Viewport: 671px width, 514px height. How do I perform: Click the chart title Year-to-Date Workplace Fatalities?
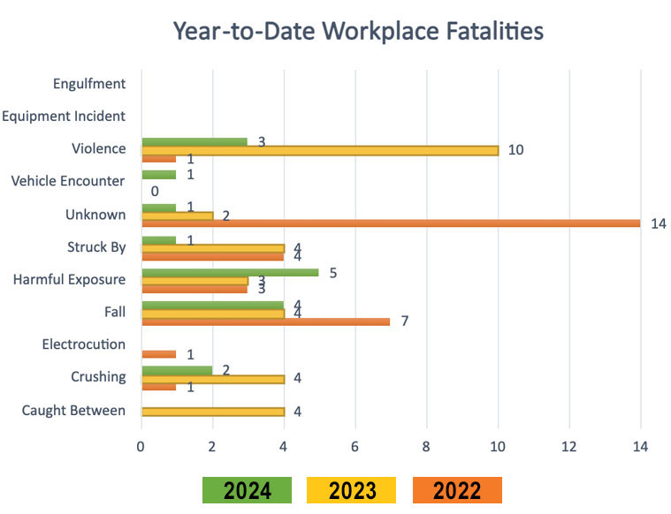[x=358, y=32]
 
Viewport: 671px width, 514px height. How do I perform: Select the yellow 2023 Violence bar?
[x=319, y=150]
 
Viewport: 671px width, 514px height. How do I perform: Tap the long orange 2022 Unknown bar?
[x=390, y=223]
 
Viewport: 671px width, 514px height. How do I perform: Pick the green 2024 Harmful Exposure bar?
[x=230, y=272]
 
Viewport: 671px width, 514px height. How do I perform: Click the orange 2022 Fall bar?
[x=265, y=321]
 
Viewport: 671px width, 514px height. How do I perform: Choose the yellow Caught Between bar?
[x=212, y=412]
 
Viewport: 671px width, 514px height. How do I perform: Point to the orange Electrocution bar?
[x=158, y=354]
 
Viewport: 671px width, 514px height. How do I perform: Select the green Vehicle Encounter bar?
[x=158, y=174]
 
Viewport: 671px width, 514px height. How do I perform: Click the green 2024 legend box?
[x=247, y=490]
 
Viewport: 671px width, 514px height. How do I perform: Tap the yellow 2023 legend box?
[x=351, y=490]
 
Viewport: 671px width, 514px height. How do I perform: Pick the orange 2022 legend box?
[x=456, y=490]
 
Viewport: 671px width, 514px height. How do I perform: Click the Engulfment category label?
[x=89, y=84]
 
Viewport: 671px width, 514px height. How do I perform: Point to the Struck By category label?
[x=96, y=246]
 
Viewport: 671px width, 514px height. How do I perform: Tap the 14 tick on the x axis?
[x=640, y=446]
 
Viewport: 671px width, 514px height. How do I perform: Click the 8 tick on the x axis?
[x=426, y=446]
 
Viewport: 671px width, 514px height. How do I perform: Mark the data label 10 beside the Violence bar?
[x=515, y=150]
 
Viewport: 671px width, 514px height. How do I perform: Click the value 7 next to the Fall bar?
[x=405, y=321]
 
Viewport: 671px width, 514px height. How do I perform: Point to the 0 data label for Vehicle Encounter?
[x=154, y=191]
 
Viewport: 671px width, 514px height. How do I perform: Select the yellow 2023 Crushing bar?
[x=212, y=378]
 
